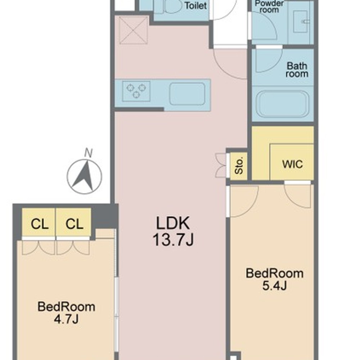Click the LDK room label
coord(173,223)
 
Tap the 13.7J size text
coord(173,240)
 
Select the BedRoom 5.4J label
coord(275,279)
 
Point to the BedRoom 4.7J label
coord(66,312)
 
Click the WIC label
coord(292,165)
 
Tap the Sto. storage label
coord(239,166)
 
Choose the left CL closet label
coord(40,224)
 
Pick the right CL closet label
coord(75,224)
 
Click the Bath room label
coord(297,70)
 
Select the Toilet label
coord(195,6)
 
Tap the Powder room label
coord(269,6)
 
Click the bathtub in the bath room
coord(282,104)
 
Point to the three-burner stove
coord(136,91)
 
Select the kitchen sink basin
coord(187,94)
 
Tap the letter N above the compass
coord(89,153)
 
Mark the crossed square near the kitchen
coord(134,30)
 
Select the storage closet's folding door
coord(221,165)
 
